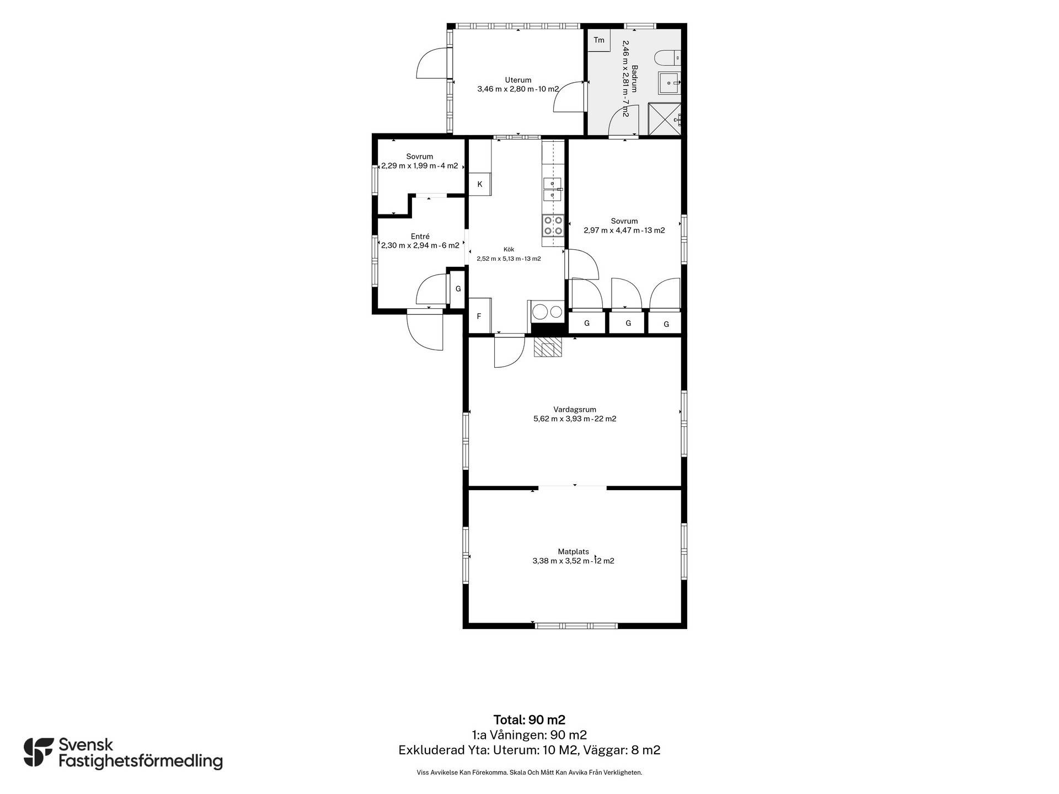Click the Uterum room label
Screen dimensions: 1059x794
click(x=518, y=80)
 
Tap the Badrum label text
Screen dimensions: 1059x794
click(x=635, y=79)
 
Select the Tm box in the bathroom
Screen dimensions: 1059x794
click(x=599, y=40)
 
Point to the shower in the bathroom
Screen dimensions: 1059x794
click(x=665, y=119)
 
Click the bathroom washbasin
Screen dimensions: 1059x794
click(x=669, y=83)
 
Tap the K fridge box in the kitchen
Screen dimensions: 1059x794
click(x=480, y=184)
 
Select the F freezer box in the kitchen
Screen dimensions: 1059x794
click(x=479, y=316)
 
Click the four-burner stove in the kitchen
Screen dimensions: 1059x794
click(x=553, y=225)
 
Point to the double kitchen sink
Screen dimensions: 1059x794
click(x=553, y=189)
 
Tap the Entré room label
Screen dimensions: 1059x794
click(x=420, y=237)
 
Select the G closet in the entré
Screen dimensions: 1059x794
click(x=458, y=288)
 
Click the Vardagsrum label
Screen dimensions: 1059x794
click(x=575, y=410)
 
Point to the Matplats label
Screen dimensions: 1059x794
click(x=573, y=551)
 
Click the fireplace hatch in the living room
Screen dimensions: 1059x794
click(x=548, y=347)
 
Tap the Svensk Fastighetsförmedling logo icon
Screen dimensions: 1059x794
click(x=39, y=752)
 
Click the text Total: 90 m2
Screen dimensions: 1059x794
click(x=529, y=720)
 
